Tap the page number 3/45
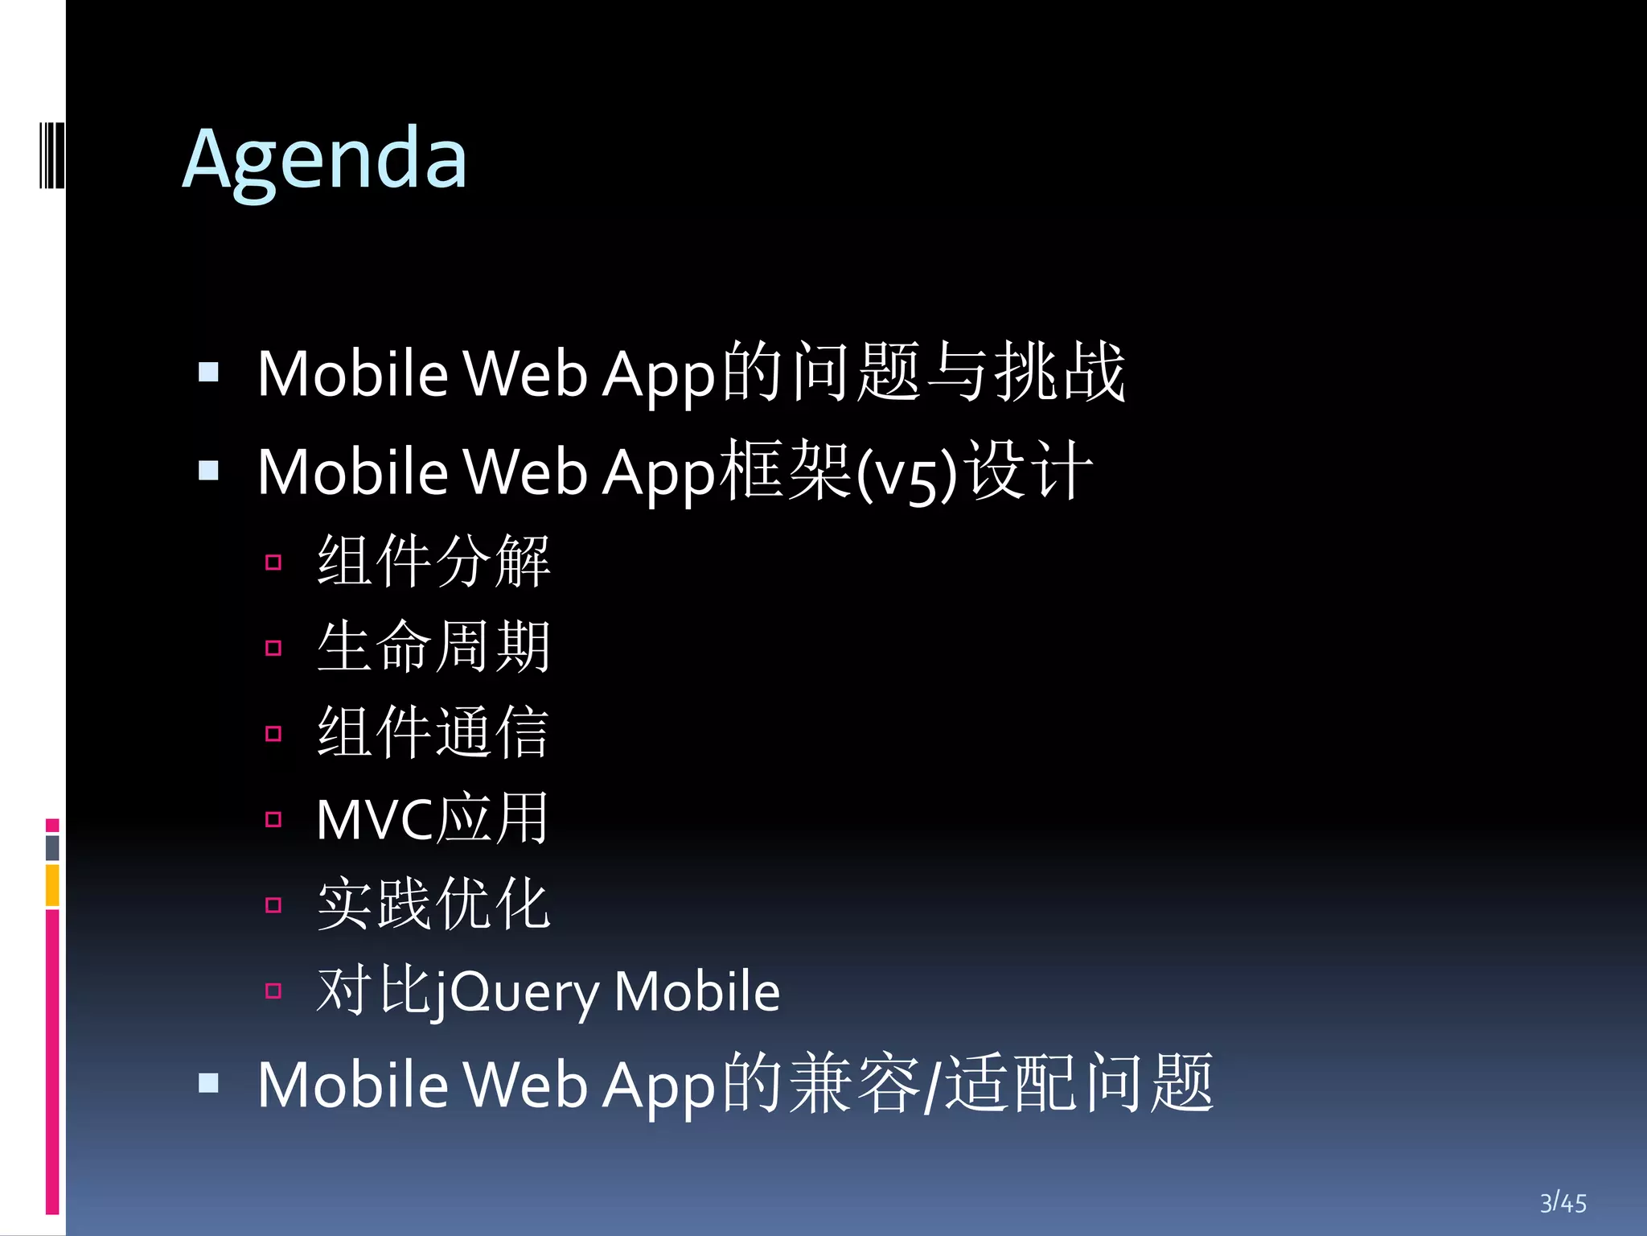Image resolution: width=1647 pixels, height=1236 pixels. (x=1563, y=1203)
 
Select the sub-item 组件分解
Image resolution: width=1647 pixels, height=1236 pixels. (x=433, y=561)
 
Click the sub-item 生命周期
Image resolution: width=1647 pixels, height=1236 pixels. (x=433, y=647)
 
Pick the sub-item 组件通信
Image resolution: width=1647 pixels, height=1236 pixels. (x=433, y=732)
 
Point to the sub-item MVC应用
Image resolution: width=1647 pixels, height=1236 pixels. (x=432, y=818)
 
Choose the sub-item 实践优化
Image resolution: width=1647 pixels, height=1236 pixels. (x=433, y=904)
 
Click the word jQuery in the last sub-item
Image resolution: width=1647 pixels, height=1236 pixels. (x=515, y=992)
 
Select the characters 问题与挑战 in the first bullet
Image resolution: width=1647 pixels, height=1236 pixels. (x=957, y=372)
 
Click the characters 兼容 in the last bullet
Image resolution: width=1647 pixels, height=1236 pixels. (x=855, y=1084)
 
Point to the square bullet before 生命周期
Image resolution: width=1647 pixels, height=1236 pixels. (x=273, y=648)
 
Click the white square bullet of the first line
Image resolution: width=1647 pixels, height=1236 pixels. (x=209, y=372)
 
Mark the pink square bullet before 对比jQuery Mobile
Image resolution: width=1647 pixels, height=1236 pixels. (x=273, y=991)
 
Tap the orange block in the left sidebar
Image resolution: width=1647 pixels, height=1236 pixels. (x=52, y=885)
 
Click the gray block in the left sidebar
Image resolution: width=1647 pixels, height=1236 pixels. (x=52, y=847)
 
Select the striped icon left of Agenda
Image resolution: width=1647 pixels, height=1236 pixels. (x=51, y=154)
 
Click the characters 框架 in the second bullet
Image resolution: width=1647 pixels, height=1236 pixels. (x=785, y=472)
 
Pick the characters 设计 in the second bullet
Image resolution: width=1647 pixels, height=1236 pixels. (x=1029, y=472)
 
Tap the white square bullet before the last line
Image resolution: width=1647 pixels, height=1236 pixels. (x=209, y=1083)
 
